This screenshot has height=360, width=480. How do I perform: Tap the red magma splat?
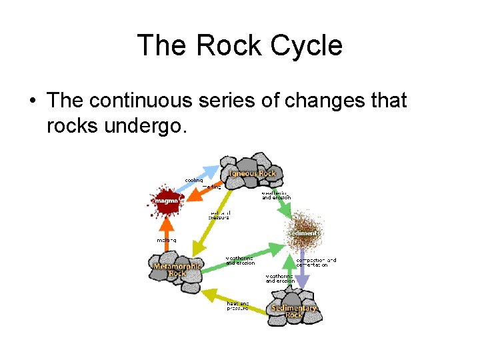pos(165,200)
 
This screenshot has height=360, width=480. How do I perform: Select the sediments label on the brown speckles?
pos(305,233)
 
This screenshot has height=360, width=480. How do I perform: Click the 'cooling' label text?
pos(194,181)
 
